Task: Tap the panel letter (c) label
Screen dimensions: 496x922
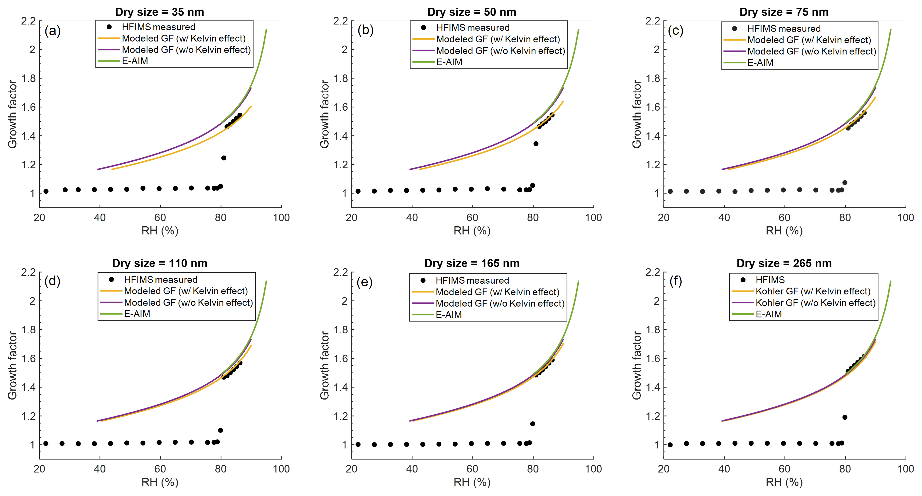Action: coord(675,31)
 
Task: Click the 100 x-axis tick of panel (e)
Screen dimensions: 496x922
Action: coord(593,469)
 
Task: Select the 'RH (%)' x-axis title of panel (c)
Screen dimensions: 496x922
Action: coord(784,231)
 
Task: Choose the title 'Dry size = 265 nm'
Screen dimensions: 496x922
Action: coord(784,263)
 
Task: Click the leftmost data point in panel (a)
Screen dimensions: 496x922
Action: coord(46,192)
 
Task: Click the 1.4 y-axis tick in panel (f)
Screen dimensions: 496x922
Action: coord(652,387)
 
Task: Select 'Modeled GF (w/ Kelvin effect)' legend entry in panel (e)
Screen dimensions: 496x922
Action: coord(497,292)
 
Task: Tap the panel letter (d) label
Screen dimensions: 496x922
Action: coord(52,281)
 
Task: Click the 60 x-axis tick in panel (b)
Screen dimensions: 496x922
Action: coord(472,218)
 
